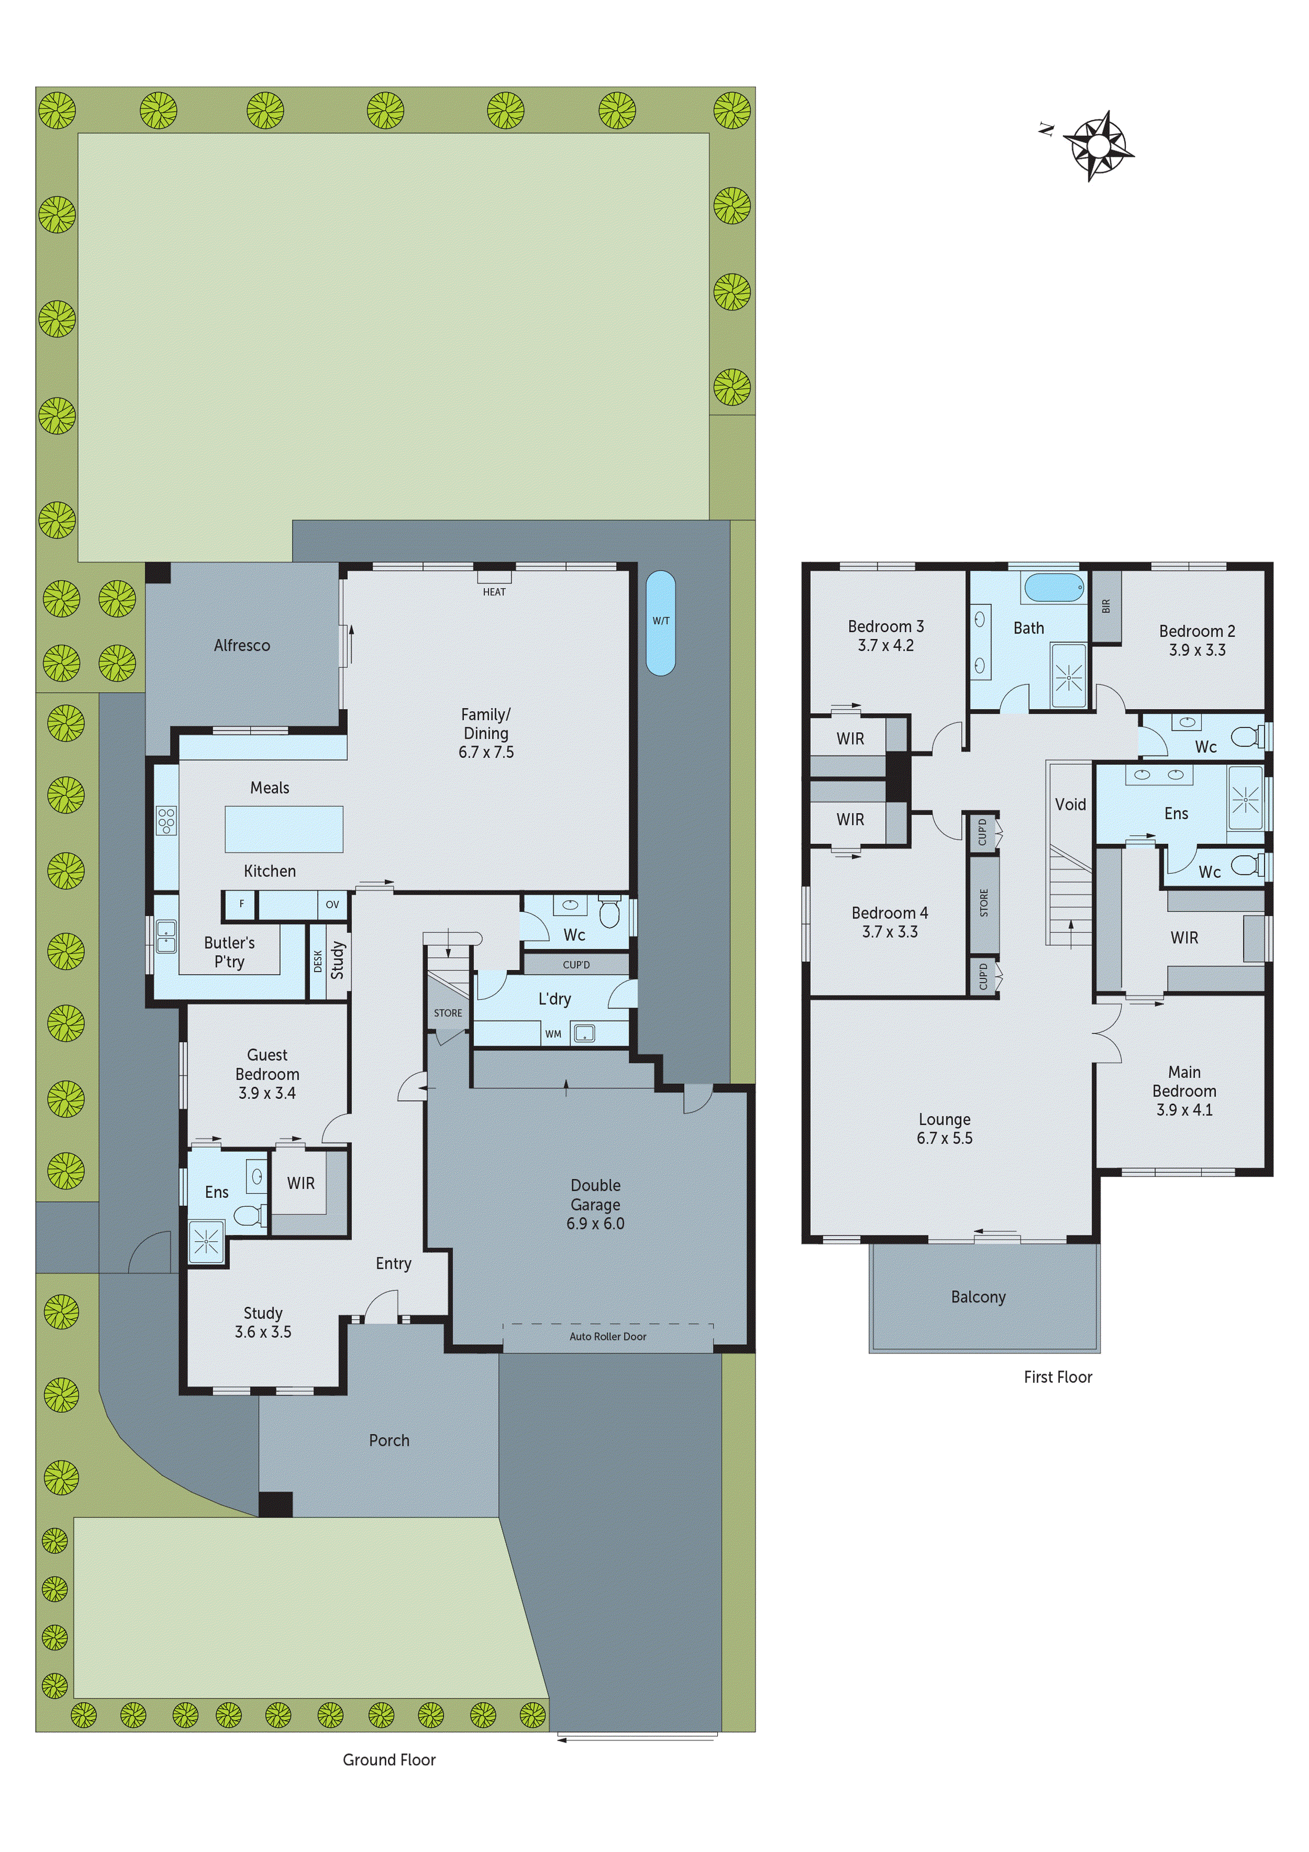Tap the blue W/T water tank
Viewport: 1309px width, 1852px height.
(660, 623)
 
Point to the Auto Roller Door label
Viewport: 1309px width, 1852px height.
(608, 1337)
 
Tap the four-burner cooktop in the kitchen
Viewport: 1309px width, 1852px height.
(166, 820)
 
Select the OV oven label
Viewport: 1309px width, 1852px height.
(333, 904)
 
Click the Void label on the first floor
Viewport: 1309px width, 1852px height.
(1070, 804)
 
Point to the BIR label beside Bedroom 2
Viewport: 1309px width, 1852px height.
(1106, 606)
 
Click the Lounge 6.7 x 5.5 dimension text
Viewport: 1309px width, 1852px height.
(944, 1138)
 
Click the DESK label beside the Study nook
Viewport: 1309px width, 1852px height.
(318, 961)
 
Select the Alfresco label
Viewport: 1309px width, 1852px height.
(242, 645)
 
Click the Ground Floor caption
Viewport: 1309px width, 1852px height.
(389, 1759)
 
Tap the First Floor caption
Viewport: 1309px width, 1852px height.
(1057, 1377)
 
